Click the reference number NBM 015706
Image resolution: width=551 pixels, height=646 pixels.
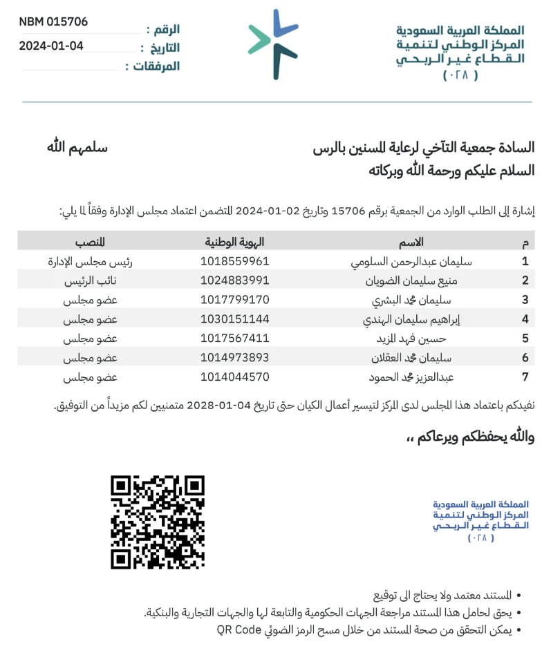(x=53, y=22)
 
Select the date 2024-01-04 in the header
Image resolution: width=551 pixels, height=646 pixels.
(x=51, y=46)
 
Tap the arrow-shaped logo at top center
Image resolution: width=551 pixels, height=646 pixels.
(x=274, y=44)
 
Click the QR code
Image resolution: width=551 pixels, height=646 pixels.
(x=158, y=522)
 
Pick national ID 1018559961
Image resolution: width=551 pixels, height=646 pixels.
(x=234, y=262)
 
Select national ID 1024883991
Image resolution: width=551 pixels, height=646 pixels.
(x=234, y=281)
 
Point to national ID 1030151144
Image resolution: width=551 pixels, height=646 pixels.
(x=234, y=319)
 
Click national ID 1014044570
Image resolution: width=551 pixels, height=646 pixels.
(x=234, y=377)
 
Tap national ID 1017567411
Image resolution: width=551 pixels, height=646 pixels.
(x=234, y=339)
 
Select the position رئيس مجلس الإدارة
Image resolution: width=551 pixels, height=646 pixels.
(x=90, y=262)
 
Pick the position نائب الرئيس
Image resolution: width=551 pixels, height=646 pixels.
(x=90, y=281)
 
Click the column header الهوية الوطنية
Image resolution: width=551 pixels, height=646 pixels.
(x=234, y=242)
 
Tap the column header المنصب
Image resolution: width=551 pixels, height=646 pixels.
(x=90, y=242)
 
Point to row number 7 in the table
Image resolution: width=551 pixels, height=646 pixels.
(x=525, y=377)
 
